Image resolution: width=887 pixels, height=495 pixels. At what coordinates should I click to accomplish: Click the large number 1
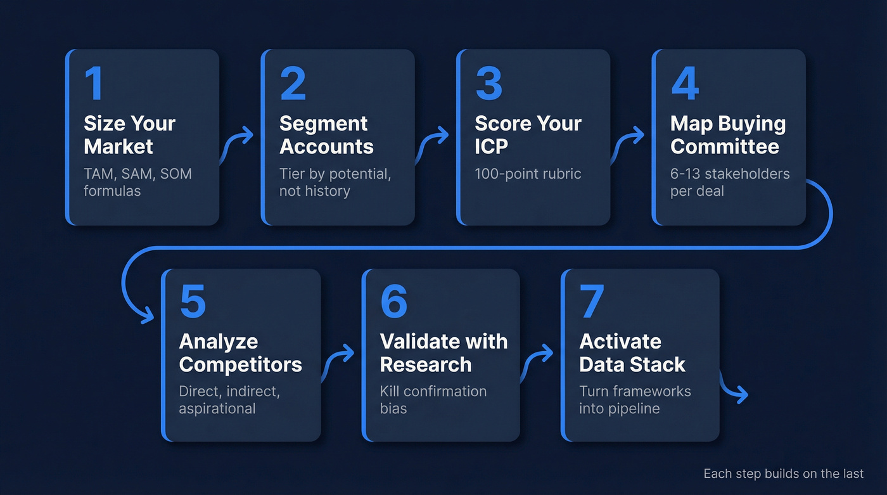click(x=93, y=84)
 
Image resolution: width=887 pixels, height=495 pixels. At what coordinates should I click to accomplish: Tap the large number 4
click(x=685, y=84)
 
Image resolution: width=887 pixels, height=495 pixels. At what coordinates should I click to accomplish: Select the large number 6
click(x=393, y=302)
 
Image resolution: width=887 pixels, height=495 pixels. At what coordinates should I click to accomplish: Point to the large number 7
click(x=591, y=302)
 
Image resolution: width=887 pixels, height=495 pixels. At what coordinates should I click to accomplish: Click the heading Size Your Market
click(x=129, y=134)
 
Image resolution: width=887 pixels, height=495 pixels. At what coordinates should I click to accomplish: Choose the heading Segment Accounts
click(x=326, y=134)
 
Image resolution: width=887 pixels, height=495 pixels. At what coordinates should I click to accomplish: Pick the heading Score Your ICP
click(x=528, y=134)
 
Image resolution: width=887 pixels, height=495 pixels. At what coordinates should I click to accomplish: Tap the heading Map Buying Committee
click(x=728, y=134)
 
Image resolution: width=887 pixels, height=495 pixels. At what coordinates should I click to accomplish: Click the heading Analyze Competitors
click(x=240, y=353)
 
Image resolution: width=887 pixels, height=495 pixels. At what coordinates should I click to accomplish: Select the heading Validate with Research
click(x=443, y=353)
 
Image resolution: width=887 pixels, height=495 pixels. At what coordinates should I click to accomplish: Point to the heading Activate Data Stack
click(x=632, y=353)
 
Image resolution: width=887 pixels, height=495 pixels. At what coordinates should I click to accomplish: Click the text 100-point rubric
click(x=528, y=174)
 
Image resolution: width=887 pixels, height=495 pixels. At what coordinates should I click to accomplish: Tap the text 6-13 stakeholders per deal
click(x=730, y=182)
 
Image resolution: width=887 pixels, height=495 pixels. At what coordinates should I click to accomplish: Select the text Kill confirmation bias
click(x=433, y=399)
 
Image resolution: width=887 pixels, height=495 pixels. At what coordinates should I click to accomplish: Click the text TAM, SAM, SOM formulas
click(x=137, y=182)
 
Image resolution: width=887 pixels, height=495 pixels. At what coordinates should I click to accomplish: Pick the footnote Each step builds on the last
click(x=783, y=473)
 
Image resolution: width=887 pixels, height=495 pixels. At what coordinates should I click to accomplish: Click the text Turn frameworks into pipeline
click(x=635, y=399)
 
